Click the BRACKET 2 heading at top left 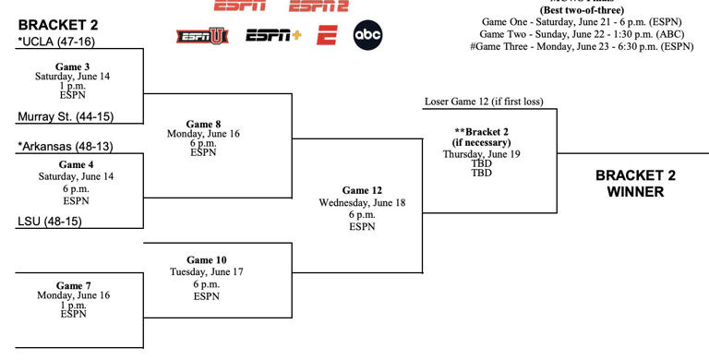[57, 24]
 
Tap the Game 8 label [204, 124]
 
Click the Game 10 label [206, 260]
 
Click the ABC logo [367, 36]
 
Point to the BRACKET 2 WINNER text [630, 184]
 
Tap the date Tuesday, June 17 [206, 272]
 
